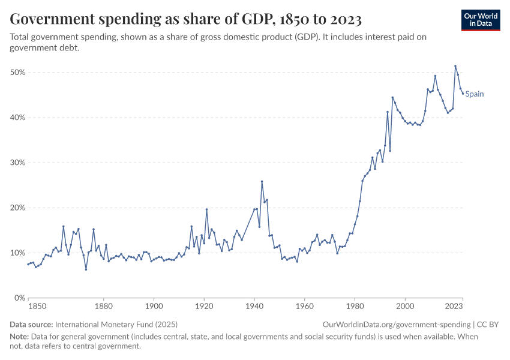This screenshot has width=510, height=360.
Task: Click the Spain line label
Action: pyautogui.click(x=475, y=94)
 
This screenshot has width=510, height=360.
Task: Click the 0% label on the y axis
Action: pyautogui.click(x=19, y=298)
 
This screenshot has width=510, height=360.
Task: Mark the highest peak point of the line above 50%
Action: pyautogui.click(x=455, y=66)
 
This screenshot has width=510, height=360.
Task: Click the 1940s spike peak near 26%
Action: pyautogui.click(x=262, y=181)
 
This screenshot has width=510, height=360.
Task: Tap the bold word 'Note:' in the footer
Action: pyautogui.click(x=20, y=337)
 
